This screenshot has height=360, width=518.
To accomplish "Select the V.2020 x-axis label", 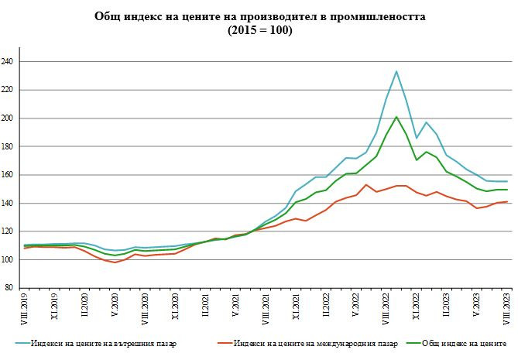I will coord(115,305).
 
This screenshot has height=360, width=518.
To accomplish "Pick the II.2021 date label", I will coord(205,305).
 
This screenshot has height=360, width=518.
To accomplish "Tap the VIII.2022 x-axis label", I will coord(385,307).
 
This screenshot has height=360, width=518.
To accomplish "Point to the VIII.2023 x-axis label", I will coord(506,307).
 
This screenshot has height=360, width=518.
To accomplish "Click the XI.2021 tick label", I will coord(295,306).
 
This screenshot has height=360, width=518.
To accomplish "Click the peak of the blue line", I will coord(396,71).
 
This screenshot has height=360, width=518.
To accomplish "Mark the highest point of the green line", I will coord(396,117).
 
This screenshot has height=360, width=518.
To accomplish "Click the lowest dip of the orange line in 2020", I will coord(115,262).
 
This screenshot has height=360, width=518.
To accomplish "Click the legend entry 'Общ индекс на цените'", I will coord(465,342).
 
